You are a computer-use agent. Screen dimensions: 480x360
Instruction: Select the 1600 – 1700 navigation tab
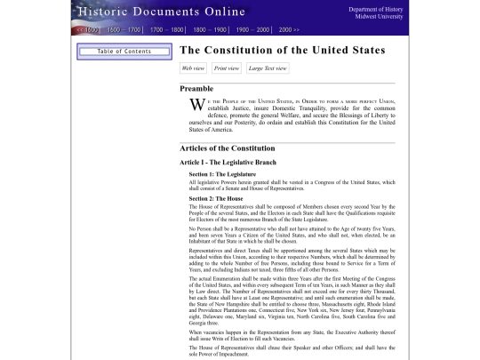tap(124, 29)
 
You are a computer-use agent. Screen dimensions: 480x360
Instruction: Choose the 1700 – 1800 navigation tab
tap(167, 29)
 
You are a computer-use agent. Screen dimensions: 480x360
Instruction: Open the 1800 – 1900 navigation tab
tap(211, 29)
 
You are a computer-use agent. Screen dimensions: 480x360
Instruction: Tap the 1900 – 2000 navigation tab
tap(254, 29)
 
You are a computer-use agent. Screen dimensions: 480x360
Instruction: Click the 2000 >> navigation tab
tap(289, 29)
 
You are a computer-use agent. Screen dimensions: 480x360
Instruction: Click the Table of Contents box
tap(124, 52)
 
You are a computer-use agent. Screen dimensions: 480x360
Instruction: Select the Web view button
tap(193, 68)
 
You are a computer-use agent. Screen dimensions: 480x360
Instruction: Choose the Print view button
tap(227, 68)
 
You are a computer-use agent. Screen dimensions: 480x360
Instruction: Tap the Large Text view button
tap(268, 68)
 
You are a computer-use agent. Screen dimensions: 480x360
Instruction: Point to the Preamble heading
tap(196, 89)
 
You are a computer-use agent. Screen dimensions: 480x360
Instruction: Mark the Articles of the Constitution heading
tap(233, 148)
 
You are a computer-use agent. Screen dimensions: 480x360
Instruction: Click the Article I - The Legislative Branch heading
tap(228, 163)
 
